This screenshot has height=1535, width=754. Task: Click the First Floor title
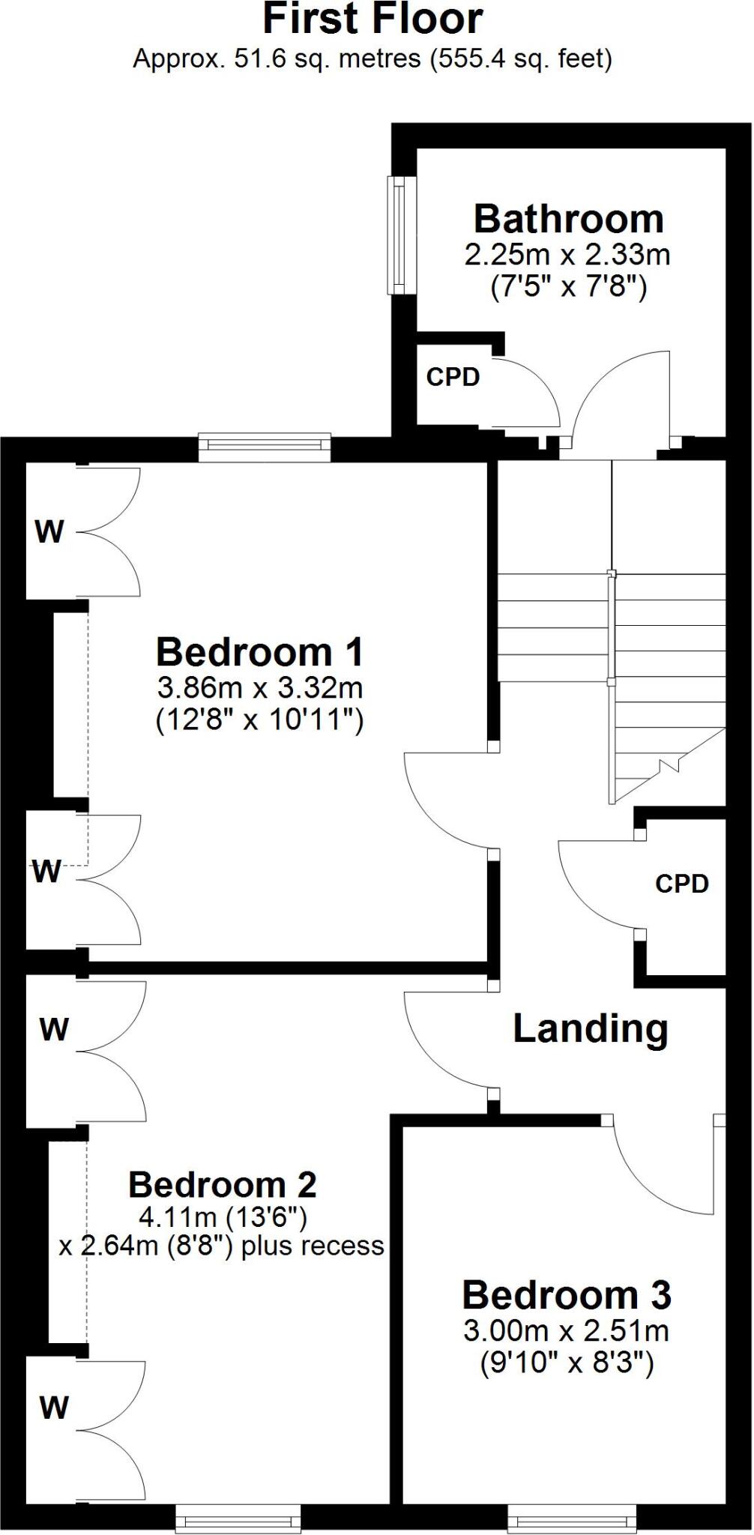(x=373, y=19)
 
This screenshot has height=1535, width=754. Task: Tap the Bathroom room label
(x=568, y=220)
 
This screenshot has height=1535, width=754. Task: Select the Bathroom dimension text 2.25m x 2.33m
(x=567, y=256)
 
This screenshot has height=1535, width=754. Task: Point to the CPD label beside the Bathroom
(x=453, y=377)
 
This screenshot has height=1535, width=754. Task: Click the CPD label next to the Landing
(x=681, y=884)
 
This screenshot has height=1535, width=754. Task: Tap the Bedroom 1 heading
(x=259, y=652)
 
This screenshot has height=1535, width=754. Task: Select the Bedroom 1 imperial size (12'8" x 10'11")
(x=259, y=721)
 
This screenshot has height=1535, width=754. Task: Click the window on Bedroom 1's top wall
(x=265, y=447)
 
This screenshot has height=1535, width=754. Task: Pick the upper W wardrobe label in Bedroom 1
(x=49, y=533)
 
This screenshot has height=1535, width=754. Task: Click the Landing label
(x=590, y=1028)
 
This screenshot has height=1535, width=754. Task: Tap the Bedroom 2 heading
(x=222, y=1185)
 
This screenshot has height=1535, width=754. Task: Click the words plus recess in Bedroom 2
(x=330, y=1246)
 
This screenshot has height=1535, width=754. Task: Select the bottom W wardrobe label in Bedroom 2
(x=54, y=1408)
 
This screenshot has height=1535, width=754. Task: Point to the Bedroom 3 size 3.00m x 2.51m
(x=566, y=1331)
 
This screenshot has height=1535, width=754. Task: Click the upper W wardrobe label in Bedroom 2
(x=54, y=1030)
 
